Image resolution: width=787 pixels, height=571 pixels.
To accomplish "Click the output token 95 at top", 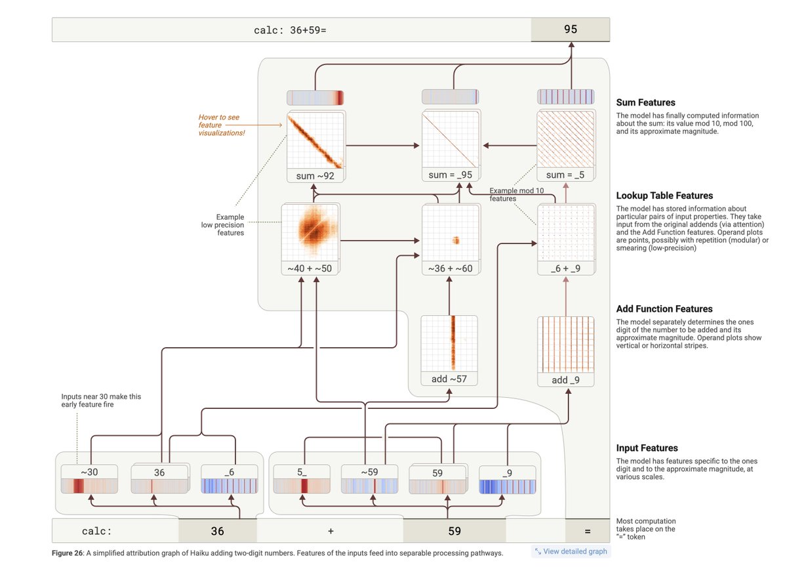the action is [x=570, y=30].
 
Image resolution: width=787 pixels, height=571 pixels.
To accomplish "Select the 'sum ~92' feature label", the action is [x=315, y=176].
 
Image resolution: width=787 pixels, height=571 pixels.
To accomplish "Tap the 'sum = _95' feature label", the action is [x=450, y=175].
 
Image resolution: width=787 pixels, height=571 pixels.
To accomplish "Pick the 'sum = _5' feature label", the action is [x=565, y=175].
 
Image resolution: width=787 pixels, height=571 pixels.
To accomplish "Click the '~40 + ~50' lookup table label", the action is [x=310, y=268].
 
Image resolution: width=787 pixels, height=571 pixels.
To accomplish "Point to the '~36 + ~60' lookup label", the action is [x=450, y=268].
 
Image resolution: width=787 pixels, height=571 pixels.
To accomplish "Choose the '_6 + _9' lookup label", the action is [x=565, y=268].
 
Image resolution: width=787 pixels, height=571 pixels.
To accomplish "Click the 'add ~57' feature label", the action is [x=449, y=379].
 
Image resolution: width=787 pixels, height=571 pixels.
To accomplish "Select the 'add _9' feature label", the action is [x=565, y=380].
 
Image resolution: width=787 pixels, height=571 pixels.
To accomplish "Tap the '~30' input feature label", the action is [x=89, y=472].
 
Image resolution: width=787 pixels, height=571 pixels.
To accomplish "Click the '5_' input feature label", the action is [x=302, y=472].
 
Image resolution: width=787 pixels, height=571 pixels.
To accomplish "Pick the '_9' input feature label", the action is [x=508, y=473].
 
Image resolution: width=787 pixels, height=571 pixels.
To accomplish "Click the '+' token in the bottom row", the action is [x=331, y=531].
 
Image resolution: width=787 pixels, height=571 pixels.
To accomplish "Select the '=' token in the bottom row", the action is [x=588, y=531].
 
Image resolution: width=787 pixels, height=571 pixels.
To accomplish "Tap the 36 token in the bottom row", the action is [x=217, y=531].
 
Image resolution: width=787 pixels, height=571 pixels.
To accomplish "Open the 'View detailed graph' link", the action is [x=571, y=551].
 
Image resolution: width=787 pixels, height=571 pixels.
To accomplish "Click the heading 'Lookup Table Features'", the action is [x=664, y=196].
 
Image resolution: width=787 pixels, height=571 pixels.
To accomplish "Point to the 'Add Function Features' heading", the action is [x=664, y=308].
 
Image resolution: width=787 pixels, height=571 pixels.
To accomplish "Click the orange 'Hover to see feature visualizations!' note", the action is [x=222, y=125].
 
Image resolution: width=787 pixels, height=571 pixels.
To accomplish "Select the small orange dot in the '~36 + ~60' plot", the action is [x=456, y=240].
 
